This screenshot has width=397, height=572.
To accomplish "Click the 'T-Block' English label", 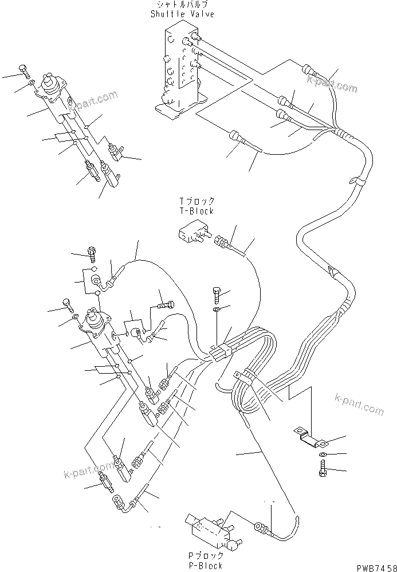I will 196,211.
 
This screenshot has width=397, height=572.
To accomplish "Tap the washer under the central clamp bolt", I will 216,309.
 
